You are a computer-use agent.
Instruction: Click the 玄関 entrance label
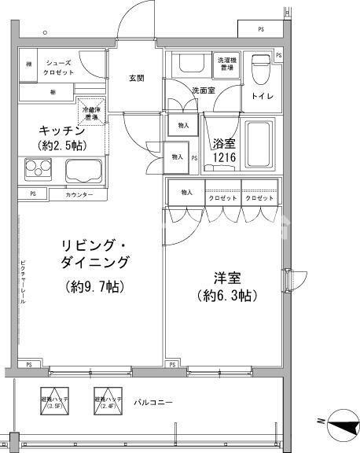pyautogui.click(x=137, y=78)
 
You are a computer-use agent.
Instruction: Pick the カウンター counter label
pyautogui.click(x=79, y=194)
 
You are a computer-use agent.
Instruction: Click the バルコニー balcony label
pyautogui.click(x=152, y=403)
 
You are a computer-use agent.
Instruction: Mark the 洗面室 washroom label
pyautogui.click(x=203, y=90)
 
